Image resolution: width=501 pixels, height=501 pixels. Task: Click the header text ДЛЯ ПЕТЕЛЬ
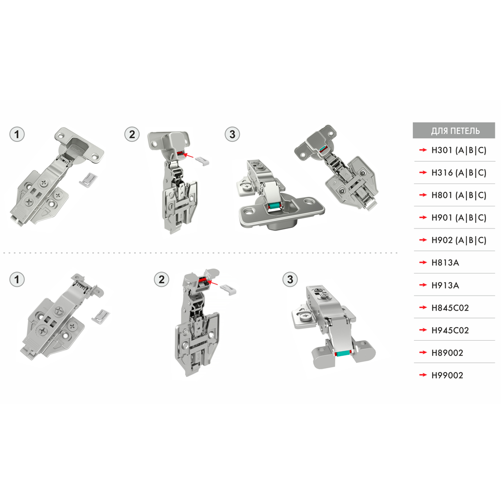[455, 131]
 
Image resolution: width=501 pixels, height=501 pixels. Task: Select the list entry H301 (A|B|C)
[459, 150]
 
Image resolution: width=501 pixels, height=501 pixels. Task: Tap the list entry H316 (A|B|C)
[459, 172]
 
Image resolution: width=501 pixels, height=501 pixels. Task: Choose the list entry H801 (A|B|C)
[459, 195]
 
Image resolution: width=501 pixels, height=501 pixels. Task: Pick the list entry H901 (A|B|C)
[459, 217]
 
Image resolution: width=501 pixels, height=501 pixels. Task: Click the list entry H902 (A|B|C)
[459, 240]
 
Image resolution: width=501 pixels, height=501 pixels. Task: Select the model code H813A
[445, 263]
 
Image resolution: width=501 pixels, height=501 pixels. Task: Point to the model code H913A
[445, 285]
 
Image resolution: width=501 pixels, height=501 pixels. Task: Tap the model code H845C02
[450, 308]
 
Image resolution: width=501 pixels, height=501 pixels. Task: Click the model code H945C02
[450, 330]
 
